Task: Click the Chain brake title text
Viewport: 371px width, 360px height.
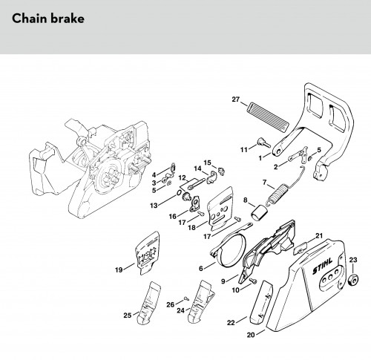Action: (48, 19)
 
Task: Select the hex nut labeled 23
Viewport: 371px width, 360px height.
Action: (353, 281)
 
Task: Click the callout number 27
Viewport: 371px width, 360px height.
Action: (236, 99)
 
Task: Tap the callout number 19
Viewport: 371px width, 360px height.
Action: (119, 269)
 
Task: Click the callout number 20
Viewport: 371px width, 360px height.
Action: (251, 335)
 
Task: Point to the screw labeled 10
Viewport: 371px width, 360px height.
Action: (253, 281)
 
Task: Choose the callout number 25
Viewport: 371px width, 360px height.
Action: (128, 315)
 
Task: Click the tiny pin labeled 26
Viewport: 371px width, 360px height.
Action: (186, 298)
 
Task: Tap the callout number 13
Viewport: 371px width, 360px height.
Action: (154, 206)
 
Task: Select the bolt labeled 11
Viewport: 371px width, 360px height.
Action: (264, 143)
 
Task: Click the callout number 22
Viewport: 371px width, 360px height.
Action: (231, 323)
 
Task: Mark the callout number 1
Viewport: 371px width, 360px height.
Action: (260, 158)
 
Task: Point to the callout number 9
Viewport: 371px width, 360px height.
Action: (223, 281)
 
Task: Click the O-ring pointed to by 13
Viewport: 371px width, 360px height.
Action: (179, 194)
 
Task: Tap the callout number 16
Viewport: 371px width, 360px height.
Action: (173, 217)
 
